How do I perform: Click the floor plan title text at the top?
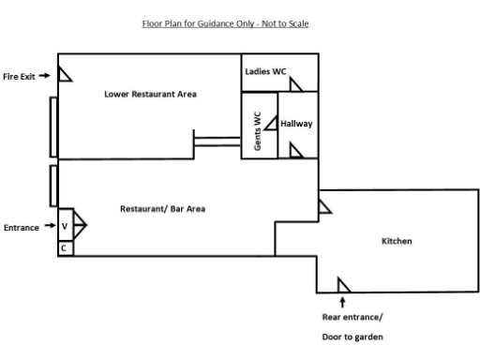(x=225, y=23)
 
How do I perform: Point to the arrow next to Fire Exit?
(x=44, y=76)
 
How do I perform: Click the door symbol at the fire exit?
(x=65, y=73)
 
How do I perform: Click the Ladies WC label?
(x=266, y=71)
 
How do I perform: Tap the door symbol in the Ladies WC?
(x=295, y=84)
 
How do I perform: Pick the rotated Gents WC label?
(x=259, y=126)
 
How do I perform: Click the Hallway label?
(x=296, y=124)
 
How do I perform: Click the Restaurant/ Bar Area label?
(x=162, y=208)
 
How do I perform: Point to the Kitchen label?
(x=396, y=241)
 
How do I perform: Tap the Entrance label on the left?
(x=21, y=227)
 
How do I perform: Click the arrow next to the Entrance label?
(x=46, y=227)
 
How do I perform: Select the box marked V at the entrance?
(x=65, y=226)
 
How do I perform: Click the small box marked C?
(x=65, y=248)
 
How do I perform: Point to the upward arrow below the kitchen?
(x=342, y=302)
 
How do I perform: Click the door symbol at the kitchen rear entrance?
(x=343, y=285)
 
